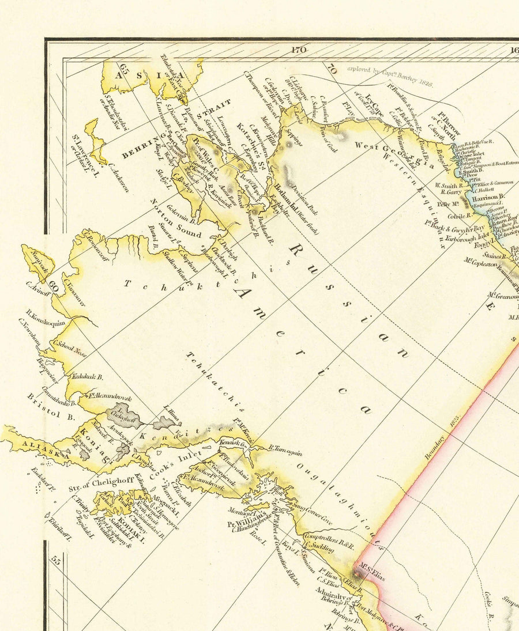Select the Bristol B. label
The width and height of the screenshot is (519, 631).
point(43,409)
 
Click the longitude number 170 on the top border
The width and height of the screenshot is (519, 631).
point(298,50)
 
